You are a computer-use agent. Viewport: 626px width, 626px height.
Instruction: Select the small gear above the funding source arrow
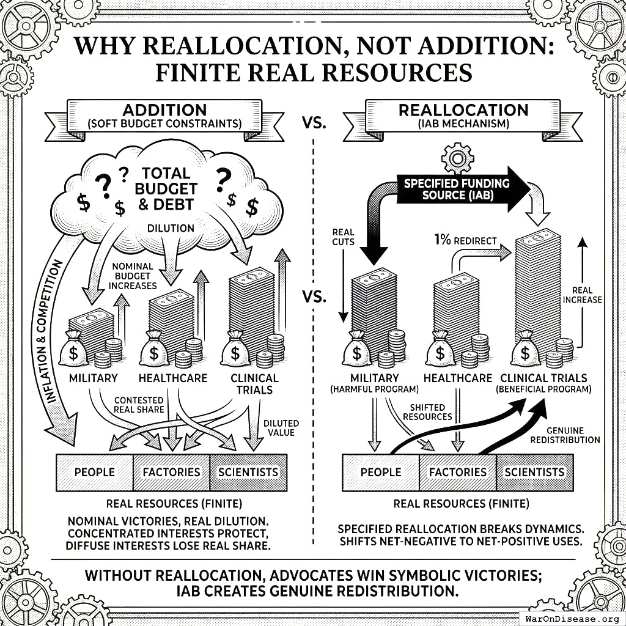coord(457,158)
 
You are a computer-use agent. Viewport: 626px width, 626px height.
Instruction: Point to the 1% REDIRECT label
coord(465,240)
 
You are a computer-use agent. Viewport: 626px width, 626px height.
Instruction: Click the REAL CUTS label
coord(343,237)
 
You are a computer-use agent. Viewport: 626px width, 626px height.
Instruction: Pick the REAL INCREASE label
coord(587,294)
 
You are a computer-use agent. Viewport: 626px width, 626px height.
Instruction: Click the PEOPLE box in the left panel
coord(94,472)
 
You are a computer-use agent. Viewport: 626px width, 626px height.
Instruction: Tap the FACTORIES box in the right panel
coord(457,472)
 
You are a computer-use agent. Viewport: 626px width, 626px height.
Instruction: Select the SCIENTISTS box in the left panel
coord(248,472)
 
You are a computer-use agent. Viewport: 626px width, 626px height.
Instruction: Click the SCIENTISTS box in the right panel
coord(534,472)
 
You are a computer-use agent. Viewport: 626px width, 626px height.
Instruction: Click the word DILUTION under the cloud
coord(171,228)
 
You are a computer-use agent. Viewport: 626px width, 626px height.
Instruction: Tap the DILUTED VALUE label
coord(281,427)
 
